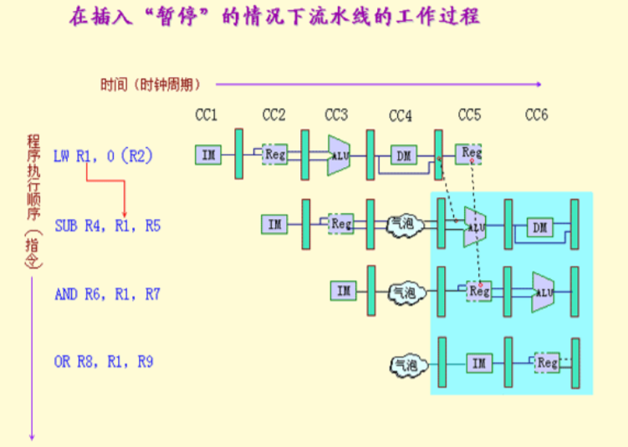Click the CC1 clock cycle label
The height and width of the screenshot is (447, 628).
tap(206, 114)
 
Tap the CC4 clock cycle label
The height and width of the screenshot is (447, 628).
tap(401, 114)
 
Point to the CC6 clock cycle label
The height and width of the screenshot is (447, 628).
tap(536, 114)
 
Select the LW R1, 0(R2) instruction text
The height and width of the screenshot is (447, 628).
tap(103, 155)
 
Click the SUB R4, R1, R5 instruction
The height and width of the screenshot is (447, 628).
tap(108, 225)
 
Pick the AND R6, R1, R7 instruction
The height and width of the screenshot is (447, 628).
tap(107, 294)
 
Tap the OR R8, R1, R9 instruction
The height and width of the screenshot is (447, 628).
tap(105, 362)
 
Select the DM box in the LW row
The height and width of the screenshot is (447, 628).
tap(403, 155)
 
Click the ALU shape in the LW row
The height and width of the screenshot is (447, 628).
tap(339, 155)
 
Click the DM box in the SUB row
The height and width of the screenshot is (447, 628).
tap(539, 226)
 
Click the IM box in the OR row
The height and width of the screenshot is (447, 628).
tap(478, 363)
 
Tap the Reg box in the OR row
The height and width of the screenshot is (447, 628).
tap(547, 363)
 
